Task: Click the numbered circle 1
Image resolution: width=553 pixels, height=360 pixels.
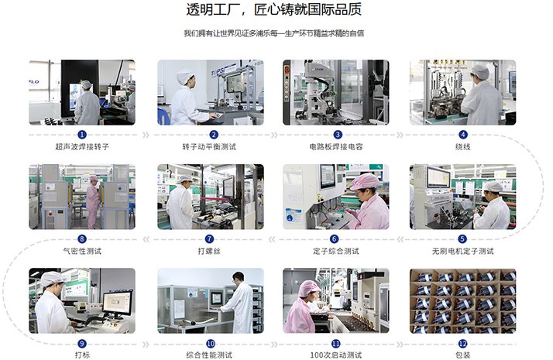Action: point(82,135)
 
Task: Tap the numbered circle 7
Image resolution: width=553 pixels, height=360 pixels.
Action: point(209,238)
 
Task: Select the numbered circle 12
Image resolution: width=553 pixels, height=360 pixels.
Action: point(462,344)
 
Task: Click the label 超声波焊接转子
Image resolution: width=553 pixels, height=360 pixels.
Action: point(82,146)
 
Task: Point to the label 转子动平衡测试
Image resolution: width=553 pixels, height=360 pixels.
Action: point(209,146)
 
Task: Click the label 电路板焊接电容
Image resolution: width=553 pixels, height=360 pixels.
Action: point(336,146)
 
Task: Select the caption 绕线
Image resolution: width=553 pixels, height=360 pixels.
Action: point(462,146)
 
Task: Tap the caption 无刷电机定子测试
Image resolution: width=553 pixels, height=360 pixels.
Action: point(462,251)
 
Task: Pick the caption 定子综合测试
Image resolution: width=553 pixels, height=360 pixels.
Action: point(336,251)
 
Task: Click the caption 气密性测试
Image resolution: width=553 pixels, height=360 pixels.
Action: point(82,251)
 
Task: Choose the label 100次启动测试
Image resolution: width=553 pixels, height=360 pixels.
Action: point(336,355)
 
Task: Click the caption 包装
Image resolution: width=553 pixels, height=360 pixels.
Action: point(462,355)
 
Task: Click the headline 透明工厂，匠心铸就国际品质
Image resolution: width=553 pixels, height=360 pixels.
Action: point(273,9)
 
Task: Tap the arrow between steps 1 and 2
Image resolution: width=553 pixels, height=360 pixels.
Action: point(146,135)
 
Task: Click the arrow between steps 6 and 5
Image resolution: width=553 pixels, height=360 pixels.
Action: point(400,239)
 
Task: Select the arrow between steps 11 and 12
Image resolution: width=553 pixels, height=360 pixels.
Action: point(400,345)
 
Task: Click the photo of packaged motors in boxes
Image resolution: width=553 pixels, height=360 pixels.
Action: point(462,300)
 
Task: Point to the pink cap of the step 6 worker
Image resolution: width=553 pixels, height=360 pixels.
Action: point(364,181)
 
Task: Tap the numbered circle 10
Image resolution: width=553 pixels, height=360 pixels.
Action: point(211,344)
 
